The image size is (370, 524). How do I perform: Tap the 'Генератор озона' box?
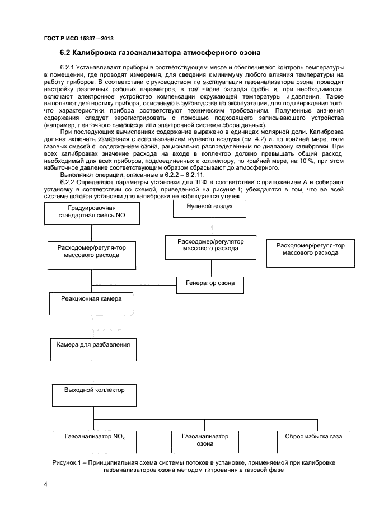[x=210, y=284]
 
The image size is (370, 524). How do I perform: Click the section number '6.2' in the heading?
[x=66, y=54]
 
